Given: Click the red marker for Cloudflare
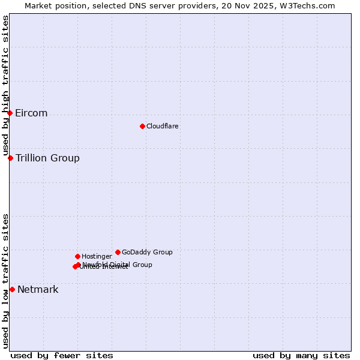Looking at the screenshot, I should tap(142, 126).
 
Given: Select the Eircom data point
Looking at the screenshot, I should tap(10, 113).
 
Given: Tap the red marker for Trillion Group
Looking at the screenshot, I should tap(10, 158).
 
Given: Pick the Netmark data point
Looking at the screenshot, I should tap(12, 289).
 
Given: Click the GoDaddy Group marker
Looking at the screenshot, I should tap(118, 252).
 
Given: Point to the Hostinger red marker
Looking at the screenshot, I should tap(77, 256).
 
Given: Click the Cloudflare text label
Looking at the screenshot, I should tap(163, 126).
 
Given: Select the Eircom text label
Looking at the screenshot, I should tap(31, 113).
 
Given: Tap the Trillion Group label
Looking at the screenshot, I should tap(47, 158).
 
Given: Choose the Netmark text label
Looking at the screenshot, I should tap(38, 290).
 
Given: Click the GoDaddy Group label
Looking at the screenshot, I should tap(147, 253).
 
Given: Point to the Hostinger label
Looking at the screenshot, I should tap(97, 257).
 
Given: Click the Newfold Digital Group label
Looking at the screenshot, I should tap(118, 265).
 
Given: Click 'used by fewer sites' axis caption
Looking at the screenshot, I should tap(62, 356).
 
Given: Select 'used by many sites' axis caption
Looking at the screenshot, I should tap(301, 356).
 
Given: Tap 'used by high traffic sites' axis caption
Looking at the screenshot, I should tap(6, 86).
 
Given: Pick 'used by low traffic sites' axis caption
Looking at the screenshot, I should tap(6, 280).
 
